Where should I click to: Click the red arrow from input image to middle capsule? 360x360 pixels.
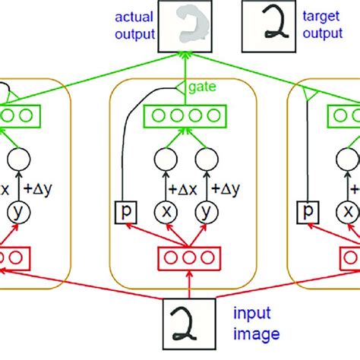(187, 286)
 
